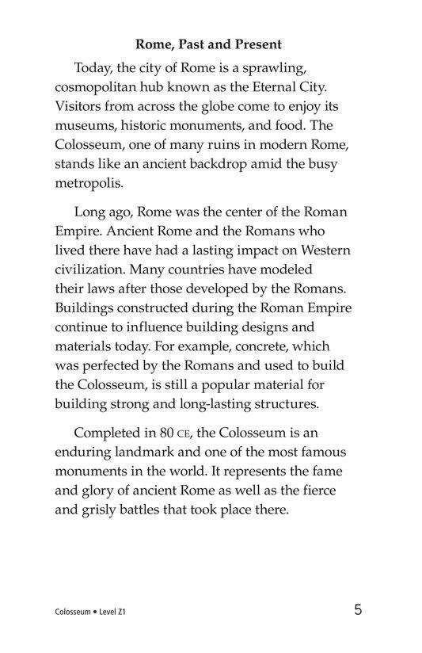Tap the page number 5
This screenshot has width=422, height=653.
coord(359,610)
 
